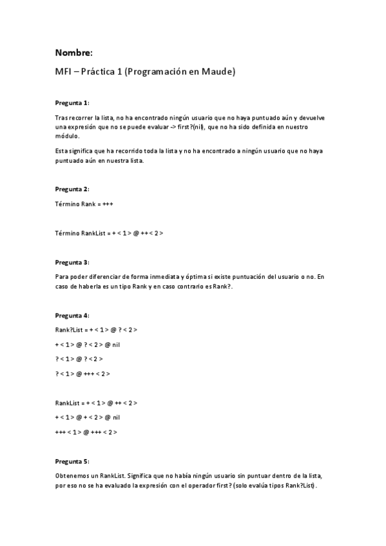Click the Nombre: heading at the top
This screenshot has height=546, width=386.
click(x=73, y=52)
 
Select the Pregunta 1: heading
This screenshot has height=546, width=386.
click(x=72, y=102)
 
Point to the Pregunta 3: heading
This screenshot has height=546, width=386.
click(x=72, y=263)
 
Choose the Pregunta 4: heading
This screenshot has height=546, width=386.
click(x=72, y=315)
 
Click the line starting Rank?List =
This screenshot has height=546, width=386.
click(x=96, y=330)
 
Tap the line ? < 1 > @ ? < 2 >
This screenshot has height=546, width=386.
click(x=79, y=359)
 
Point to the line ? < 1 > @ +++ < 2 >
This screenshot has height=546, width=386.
click(x=82, y=373)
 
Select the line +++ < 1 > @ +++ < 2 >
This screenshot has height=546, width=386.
click(x=86, y=431)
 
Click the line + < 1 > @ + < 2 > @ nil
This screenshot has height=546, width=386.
click(x=88, y=417)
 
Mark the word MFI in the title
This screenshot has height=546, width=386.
click(x=63, y=71)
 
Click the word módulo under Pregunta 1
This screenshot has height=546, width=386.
click(x=67, y=136)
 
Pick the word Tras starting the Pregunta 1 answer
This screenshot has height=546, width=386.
click(x=61, y=118)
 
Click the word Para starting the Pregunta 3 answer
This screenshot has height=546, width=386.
click(x=62, y=277)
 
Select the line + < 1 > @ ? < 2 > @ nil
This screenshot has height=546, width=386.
click(x=88, y=344)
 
